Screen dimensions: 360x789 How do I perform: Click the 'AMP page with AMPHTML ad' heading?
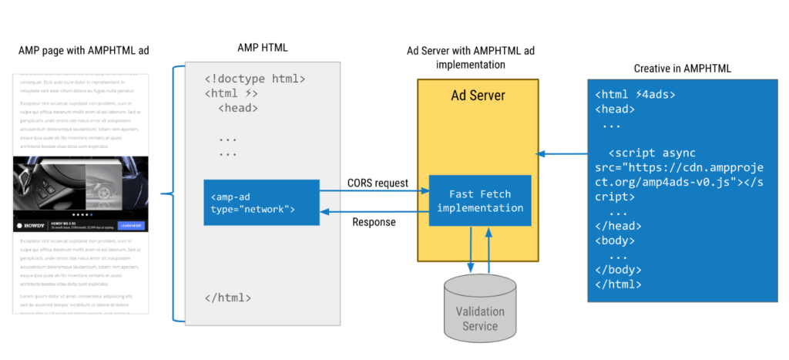(x=83, y=51)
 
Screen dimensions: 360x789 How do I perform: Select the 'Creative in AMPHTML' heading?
(x=682, y=69)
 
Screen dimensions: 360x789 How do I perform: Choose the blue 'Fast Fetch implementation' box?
(x=479, y=201)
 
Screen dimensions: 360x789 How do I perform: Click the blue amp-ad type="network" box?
(x=261, y=203)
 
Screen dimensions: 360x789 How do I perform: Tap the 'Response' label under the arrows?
(x=374, y=222)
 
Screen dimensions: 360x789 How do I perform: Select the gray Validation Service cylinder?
(x=479, y=308)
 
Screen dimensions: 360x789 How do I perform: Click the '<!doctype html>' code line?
(x=255, y=79)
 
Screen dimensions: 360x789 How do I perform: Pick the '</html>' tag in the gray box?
(x=227, y=298)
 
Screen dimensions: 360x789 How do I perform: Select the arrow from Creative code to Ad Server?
(x=561, y=154)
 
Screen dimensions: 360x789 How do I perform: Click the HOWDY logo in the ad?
(x=31, y=226)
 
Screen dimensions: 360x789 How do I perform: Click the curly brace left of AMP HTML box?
(x=172, y=193)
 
